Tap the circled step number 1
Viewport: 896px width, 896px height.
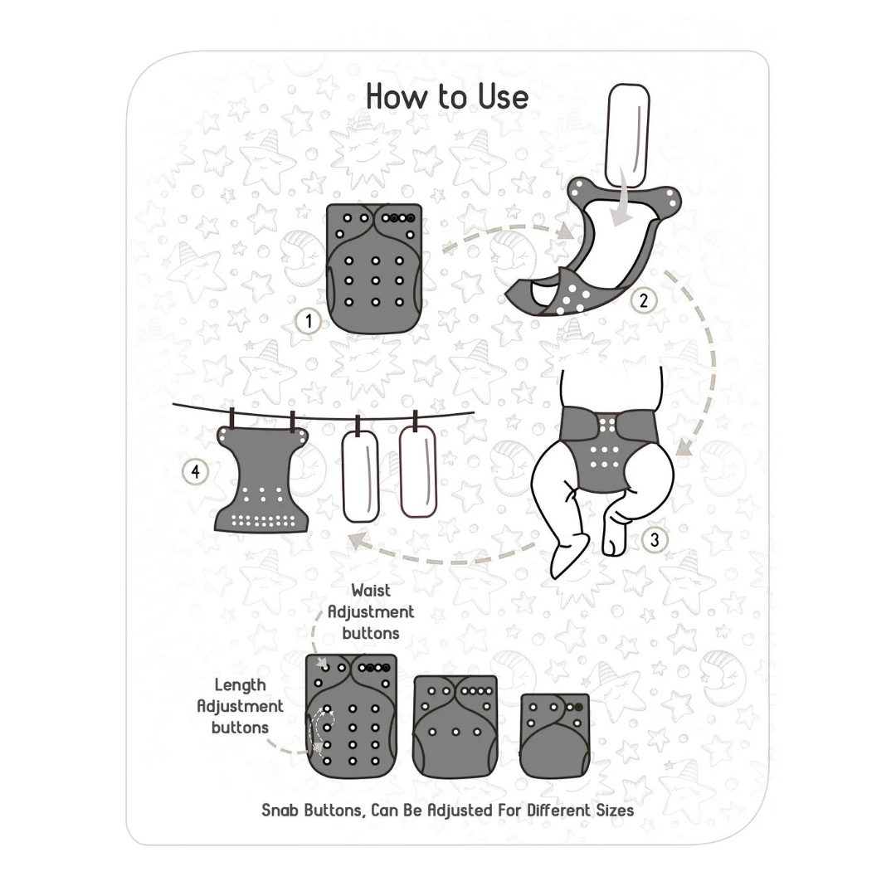[309, 321]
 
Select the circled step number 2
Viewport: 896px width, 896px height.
[644, 300]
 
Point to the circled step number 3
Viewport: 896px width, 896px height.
[655, 539]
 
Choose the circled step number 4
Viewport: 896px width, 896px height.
[196, 472]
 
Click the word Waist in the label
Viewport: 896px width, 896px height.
[371, 591]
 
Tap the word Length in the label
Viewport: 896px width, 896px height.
[240, 685]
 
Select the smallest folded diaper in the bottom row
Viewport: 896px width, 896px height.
[555, 735]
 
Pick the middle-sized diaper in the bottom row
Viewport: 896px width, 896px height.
[455, 726]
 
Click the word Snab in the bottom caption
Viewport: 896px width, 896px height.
[280, 811]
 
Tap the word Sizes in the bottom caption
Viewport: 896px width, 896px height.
[615, 811]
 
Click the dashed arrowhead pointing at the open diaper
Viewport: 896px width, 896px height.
[565, 231]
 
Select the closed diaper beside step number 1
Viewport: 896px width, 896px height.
[374, 268]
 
